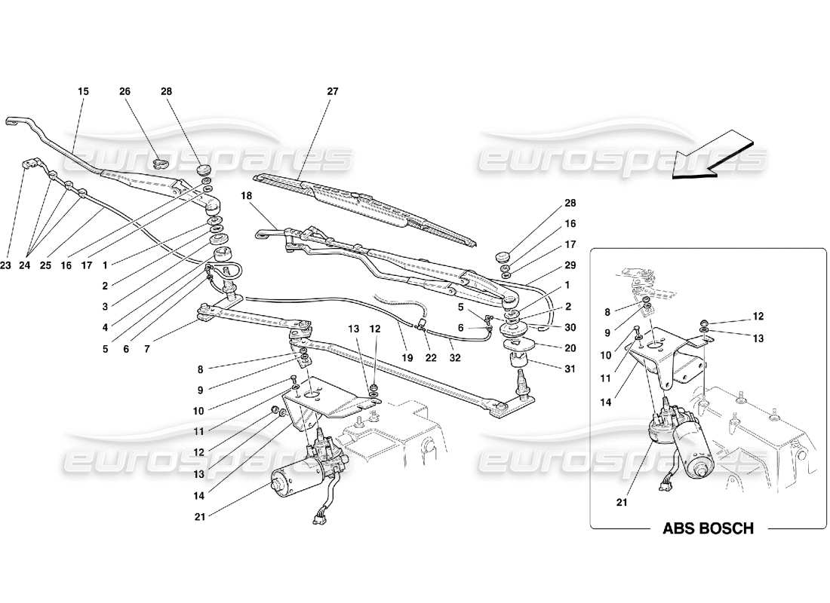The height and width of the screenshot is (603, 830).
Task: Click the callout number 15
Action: (83, 91)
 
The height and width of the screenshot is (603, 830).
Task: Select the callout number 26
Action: (125, 91)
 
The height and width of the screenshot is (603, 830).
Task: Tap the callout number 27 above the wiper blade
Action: (333, 91)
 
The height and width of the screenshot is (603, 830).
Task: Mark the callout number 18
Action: (246, 195)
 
